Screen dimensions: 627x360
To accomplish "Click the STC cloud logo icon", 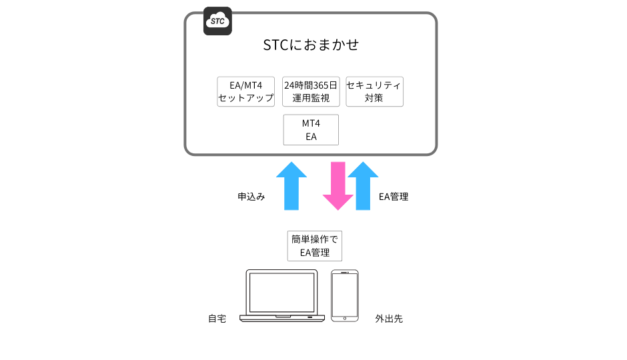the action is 217,21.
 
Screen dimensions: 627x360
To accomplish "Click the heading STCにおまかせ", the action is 311,45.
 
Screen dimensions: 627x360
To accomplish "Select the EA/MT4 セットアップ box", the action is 246,91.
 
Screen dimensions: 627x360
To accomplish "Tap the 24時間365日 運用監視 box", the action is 311,91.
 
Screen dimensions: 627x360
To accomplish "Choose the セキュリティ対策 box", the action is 374,91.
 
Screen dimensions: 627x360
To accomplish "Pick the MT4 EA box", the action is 311,130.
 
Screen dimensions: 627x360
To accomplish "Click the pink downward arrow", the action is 338,186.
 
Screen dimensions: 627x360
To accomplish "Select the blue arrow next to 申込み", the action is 291,186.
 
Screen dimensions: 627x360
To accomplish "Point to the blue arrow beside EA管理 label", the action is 363,186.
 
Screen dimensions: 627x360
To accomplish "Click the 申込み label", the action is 251,197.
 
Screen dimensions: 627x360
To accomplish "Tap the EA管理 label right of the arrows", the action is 394,197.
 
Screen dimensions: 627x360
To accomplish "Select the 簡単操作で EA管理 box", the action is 315,246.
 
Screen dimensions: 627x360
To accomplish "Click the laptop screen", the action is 282,293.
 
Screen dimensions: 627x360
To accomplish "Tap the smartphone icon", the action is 345,296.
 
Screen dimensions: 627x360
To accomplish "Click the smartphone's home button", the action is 345,319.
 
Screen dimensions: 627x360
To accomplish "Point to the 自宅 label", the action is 217,319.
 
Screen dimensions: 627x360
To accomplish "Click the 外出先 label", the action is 389,319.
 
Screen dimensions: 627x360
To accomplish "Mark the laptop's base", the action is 282,319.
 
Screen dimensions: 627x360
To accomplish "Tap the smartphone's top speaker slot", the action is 344,273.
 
